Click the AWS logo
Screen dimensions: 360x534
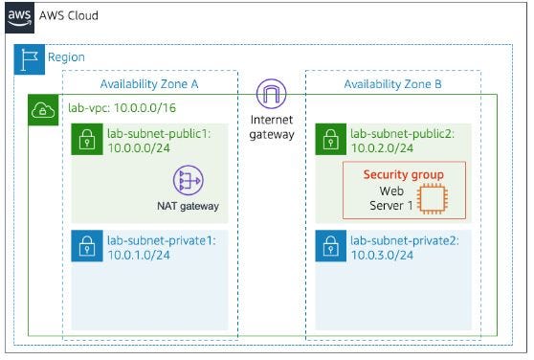18,16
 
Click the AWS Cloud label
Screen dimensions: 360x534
69,16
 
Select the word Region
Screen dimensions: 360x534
66,58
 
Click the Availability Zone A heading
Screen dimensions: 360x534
148,84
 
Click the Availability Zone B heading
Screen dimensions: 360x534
392,84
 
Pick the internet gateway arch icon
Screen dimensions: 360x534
271,94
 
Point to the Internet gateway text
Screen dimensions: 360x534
271,126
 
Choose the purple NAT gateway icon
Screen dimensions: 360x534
189,180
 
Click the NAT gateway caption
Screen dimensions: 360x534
189,205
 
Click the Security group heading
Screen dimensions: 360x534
403,174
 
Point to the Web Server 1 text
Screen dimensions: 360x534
387,199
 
